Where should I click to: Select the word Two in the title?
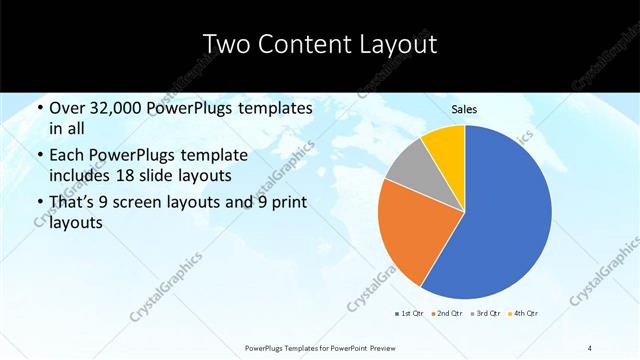pyautogui.click(x=228, y=45)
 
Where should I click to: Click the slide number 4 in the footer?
pyautogui.click(x=590, y=347)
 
